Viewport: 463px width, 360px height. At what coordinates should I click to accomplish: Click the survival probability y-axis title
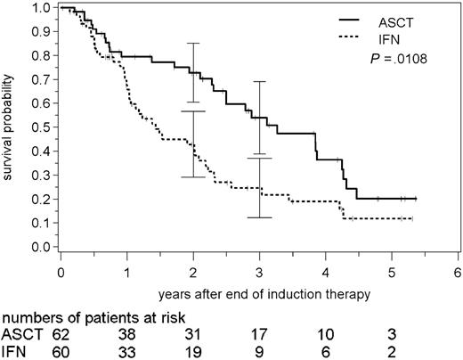pyautogui.click(x=11, y=127)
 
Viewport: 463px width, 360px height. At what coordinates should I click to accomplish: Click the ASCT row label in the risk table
pyautogui.click(x=20, y=334)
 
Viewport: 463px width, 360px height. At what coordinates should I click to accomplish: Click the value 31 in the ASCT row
pyautogui.click(x=192, y=334)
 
